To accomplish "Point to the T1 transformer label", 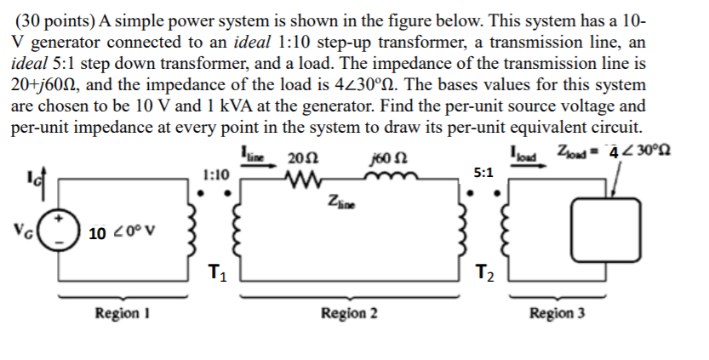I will pyautogui.click(x=218, y=273).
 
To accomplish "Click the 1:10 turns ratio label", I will pyautogui.click(x=216, y=174).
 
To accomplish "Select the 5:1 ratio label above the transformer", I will pyautogui.click(x=482, y=172).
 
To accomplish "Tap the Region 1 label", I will pyautogui.click(x=118, y=313).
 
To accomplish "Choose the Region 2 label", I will pyautogui.click(x=349, y=313).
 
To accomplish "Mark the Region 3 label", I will pyautogui.click(x=557, y=313).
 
